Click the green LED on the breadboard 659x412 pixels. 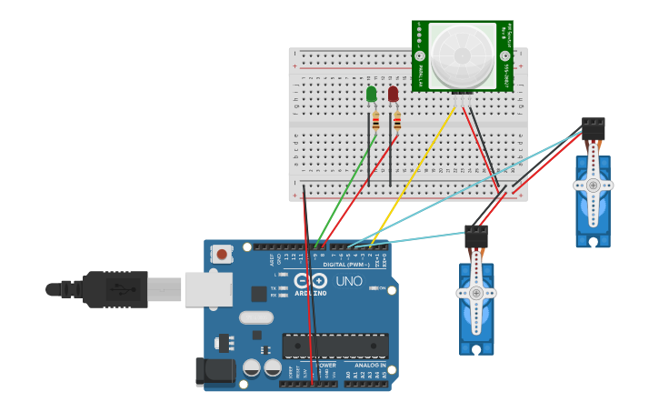pyautogui.click(x=371, y=94)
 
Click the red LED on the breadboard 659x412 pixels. pyautogui.click(x=393, y=94)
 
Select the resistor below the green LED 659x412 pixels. pyautogui.click(x=375, y=121)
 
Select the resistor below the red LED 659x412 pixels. pyautogui.click(x=397, y=121)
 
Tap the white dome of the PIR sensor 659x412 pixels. pyautogui.click(x=462, y=55)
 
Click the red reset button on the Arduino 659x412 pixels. pyautogui.click(x=223, y=255)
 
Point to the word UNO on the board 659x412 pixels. pyautogui.click(x=349, y=282)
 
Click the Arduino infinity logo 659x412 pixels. pyautogui.click(x=310, y=282)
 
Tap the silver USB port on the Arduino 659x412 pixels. pyautogui.click(x=208, y=289)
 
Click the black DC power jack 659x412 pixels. pyautogui.click(x=210, y=371)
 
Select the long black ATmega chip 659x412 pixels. pyautogui.click(x=334, y=346)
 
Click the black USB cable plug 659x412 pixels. pyautogui.click(x=115, y=289)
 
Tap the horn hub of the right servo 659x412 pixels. pyautogui.click(x=593, y=185)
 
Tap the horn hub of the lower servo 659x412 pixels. pyautogui.click(x=476, y=293)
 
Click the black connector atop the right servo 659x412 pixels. pyautogui.click(x=594, y=128)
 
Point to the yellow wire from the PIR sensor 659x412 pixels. pyautogui.click(x=414, y=173)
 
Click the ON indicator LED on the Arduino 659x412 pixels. pyautogui.click(x=374, y=287)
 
